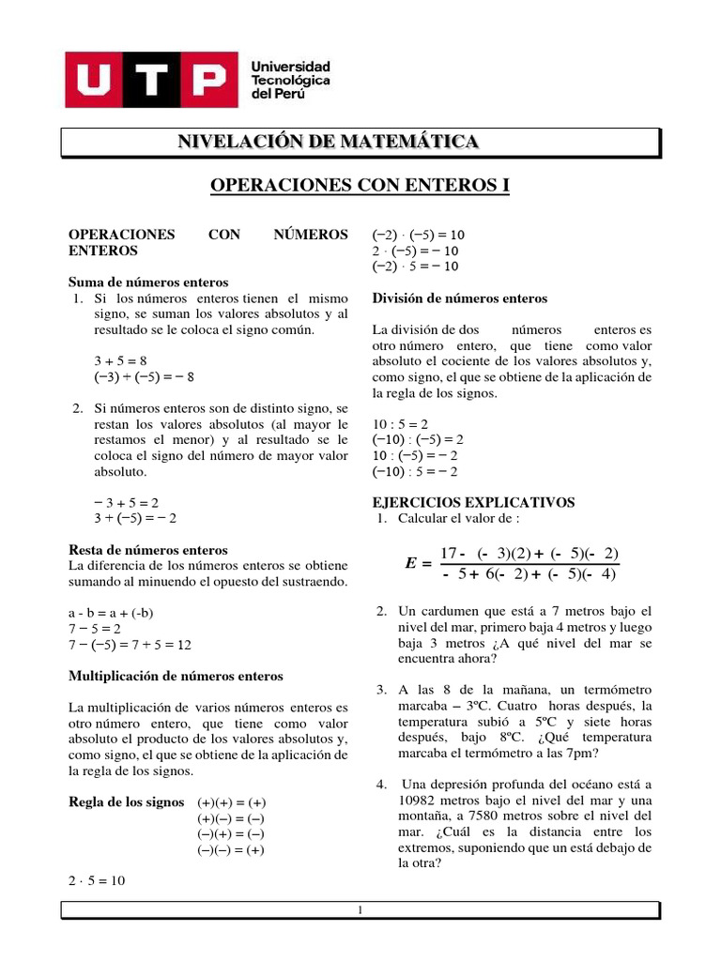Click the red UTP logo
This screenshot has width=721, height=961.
pos(146,79)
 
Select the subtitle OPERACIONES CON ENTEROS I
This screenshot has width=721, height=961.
pos(360,186)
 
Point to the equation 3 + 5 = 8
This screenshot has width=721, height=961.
pos(120,360)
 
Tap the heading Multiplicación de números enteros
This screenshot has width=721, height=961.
pos(176,676)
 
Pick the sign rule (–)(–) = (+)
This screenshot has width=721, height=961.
pos(231,850)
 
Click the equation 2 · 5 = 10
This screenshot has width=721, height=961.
pos(97,880)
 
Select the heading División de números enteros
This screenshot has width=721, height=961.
pos(460,298)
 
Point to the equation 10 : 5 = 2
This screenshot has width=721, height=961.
pos(401,423)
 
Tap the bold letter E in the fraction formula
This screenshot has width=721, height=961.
pos(410,563)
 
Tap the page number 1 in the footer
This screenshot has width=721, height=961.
pos(360,910)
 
